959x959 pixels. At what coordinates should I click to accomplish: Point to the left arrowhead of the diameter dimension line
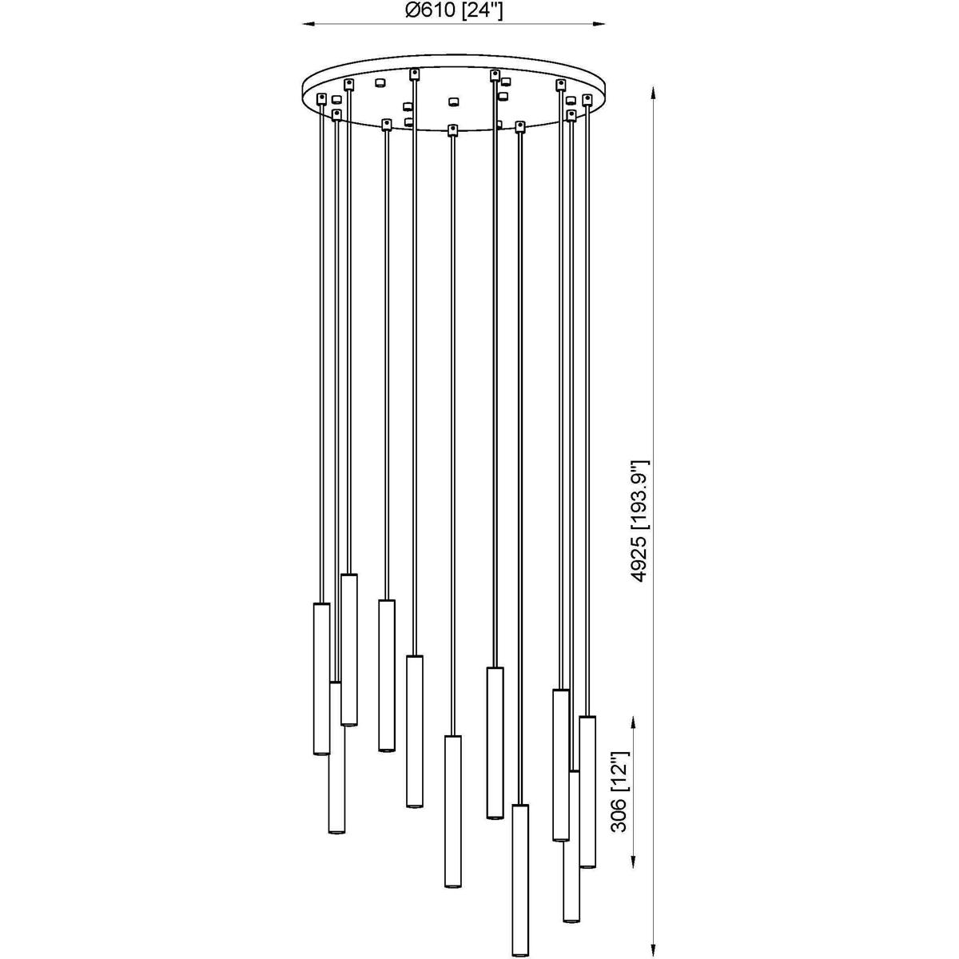click(309, 23)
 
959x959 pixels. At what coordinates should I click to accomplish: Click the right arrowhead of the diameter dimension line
click(599, 23)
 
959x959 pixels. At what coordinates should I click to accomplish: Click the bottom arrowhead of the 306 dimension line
click(632, 862)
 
